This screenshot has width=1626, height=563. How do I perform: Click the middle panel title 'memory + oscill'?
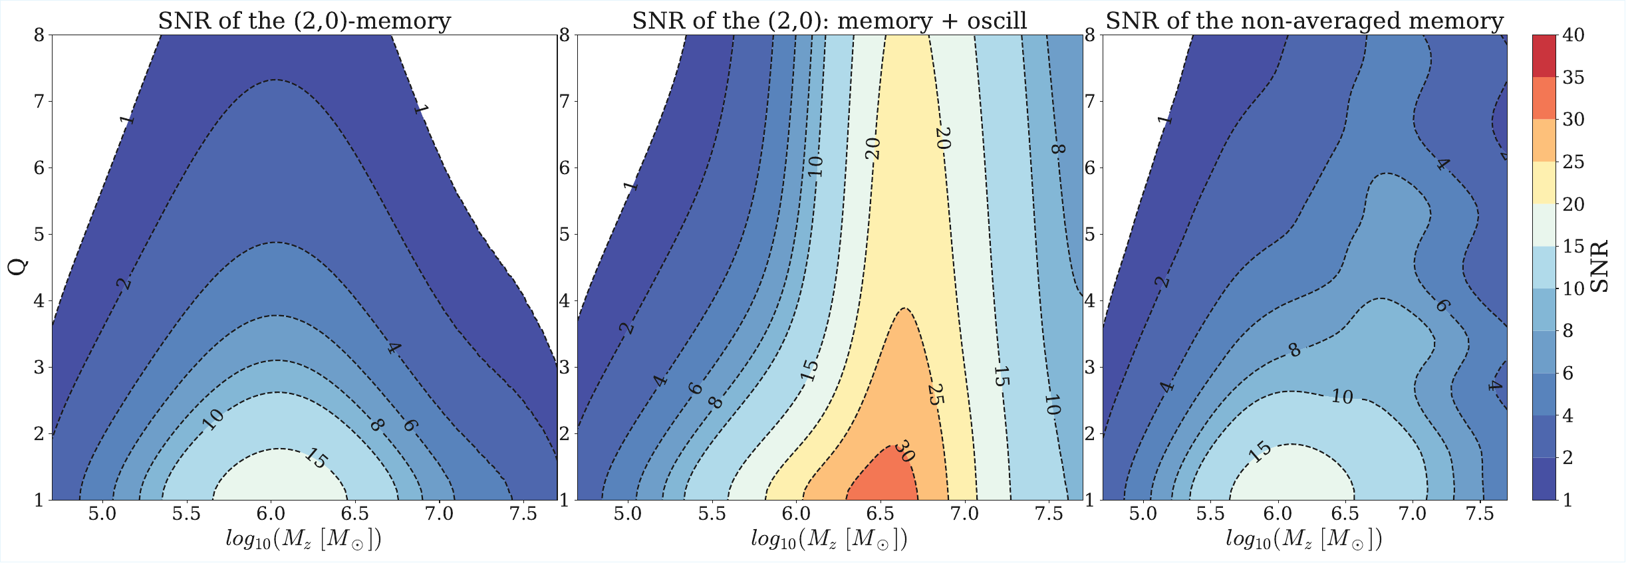point(829,21)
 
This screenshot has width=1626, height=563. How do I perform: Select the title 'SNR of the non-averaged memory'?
point(1304,21)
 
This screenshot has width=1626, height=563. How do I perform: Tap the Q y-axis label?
point(18,267)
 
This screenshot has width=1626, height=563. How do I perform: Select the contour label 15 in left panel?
point(317,458)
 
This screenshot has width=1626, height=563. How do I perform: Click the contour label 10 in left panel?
point(213,419)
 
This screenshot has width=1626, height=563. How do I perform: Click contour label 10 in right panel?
point(1342,397)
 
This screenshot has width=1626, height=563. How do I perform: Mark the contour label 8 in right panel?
point(1294,350)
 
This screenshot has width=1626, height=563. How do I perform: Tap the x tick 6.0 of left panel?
point(271,514)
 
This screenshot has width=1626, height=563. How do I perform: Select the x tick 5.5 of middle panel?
point(712,514)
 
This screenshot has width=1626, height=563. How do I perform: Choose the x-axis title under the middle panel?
point(829,538)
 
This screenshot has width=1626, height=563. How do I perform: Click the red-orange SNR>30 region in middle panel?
point(884,482)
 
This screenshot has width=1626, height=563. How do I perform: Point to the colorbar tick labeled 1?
point(1568,500)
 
